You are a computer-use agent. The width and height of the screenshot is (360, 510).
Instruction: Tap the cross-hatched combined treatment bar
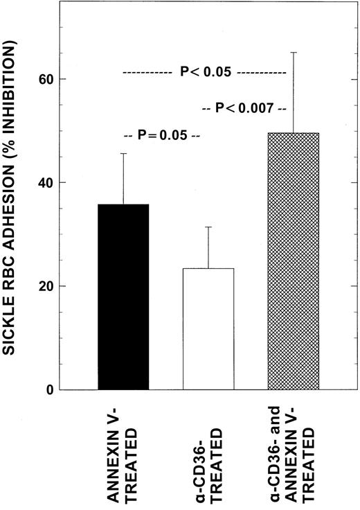[x=294, y=261]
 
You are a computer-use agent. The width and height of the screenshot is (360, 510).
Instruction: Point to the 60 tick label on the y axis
[x=44, y=79]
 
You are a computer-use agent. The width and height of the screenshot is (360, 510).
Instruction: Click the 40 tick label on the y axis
[x=44, y=182]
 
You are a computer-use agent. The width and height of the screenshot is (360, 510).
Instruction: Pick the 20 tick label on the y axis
[x=44, y=286]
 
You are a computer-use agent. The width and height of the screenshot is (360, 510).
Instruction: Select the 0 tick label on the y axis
[x=48, y=389]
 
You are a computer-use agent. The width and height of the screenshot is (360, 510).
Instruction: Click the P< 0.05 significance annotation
[x=205, y=71]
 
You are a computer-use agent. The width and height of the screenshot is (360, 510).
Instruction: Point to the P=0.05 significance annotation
[x=161, y=136]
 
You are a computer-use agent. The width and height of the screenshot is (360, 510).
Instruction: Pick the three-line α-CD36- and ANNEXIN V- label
[x=294, y=454]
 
